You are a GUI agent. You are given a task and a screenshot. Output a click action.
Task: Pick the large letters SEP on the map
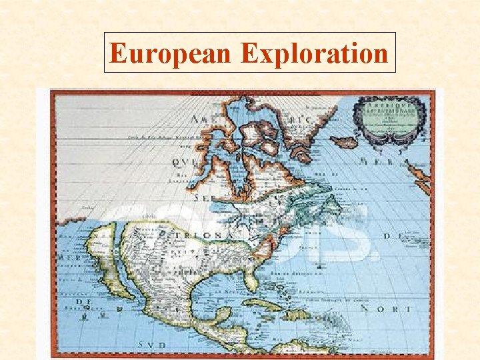[x=203, y=198]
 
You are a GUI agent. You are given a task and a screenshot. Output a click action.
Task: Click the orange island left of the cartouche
[x=344, y=141]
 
